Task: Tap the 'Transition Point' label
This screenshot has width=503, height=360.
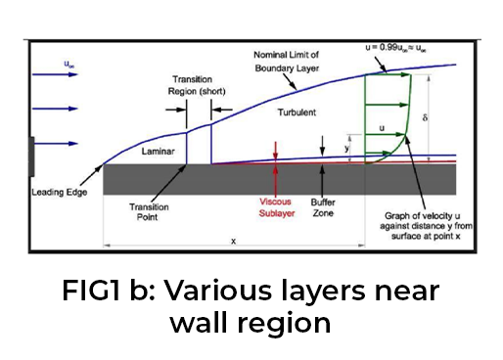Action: pos(149,212)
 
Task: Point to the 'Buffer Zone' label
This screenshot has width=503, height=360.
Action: pos(322,206)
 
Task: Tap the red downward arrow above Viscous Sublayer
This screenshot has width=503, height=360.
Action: pos(278,151)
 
